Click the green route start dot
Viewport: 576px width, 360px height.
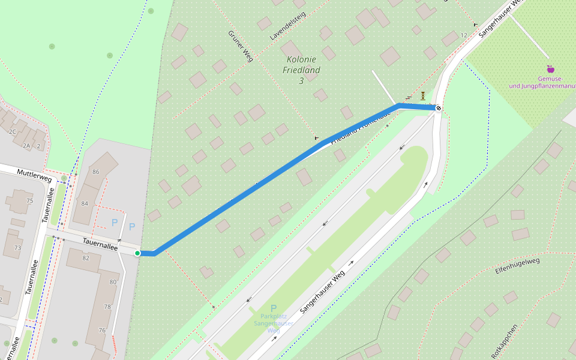[x=137, y=253]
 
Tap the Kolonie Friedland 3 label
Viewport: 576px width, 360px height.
[x=301, y=70]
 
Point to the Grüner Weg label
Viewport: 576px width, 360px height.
[x=241, y=46]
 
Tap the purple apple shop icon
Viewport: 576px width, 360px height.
[x=550, y=69]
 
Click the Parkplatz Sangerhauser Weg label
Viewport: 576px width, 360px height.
[x=274, y=323]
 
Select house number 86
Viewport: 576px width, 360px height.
[x=95, y=172]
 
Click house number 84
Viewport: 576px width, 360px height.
[x=85, y=203]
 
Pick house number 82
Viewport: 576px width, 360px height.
[x=86, y=257]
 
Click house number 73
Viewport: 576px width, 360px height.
[x=17, y=247]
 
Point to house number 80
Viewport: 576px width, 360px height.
[x=113, y=282]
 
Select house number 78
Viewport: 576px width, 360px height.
[x=107, y=307]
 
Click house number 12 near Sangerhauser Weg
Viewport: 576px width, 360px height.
[x=463, y=35]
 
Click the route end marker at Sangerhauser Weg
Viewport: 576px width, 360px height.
[x=439, y=108]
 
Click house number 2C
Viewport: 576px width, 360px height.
[x=12, y=131]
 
